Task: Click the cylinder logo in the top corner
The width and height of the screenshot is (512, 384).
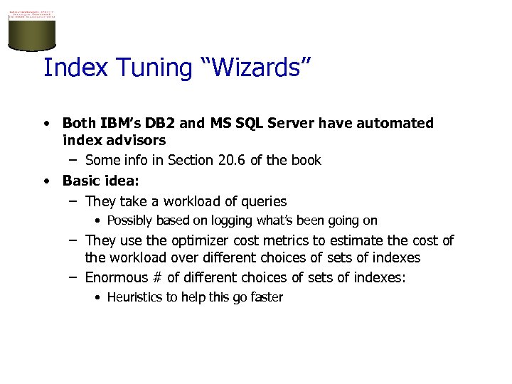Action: click(x=31, y=28)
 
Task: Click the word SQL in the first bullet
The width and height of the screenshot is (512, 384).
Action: click(x=247, y=123)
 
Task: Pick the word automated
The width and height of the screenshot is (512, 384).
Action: click(x=393, y=123)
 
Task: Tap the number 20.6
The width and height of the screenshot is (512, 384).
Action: click(x=228, y=160)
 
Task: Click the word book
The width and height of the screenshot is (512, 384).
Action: click(x=306, y=160)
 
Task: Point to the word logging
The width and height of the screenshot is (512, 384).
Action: click(x=209, y=220)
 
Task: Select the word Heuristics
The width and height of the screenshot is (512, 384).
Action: click(x=134, y=297)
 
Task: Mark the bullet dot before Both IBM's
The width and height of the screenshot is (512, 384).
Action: click(x=46, y=124)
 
